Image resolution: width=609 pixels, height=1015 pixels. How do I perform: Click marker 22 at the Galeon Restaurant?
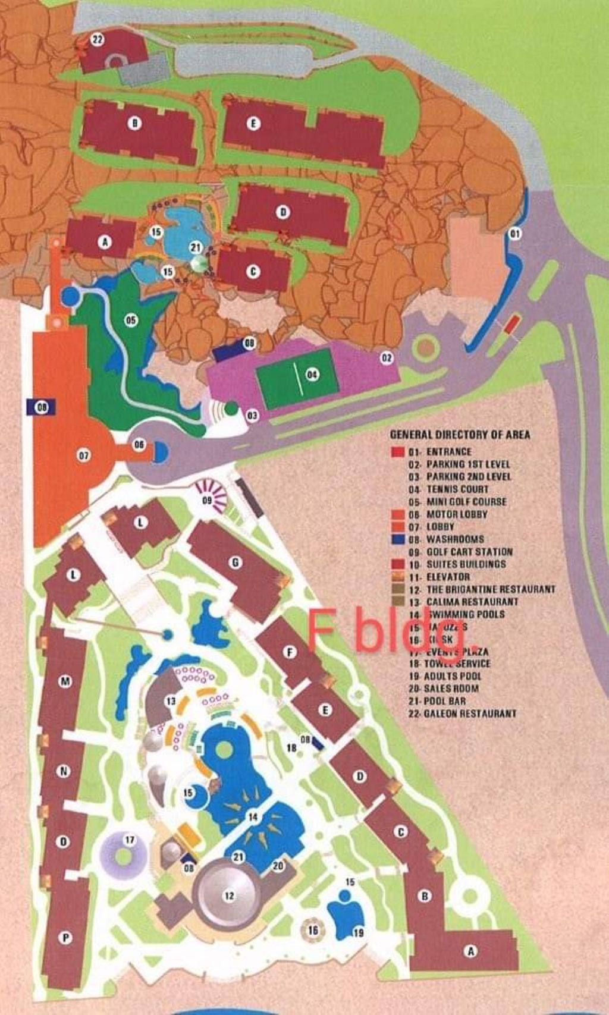(x=97, y=40)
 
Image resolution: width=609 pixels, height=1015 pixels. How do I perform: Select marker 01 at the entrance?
(x=515, y=233)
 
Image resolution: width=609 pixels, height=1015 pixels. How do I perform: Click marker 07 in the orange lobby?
(x=84, y=455)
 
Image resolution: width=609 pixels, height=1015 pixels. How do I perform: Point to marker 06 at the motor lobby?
(x=139, y=444)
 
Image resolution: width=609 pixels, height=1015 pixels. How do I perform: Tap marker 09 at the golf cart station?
(x=206, y=500)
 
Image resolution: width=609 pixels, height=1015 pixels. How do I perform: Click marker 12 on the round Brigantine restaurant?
(x=230, y=895)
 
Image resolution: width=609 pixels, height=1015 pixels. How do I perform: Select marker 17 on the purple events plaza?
(x=129, y=840)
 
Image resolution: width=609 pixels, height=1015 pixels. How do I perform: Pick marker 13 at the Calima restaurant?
(x=171, y=701)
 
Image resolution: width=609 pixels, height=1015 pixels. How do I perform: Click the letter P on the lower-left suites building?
(x=65, y=938)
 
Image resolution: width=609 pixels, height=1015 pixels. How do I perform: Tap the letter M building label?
(x=65, y=681)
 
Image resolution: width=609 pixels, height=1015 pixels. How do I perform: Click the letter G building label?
(x=236, y=562)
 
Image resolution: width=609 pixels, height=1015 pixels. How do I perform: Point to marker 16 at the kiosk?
(x=313, y=931)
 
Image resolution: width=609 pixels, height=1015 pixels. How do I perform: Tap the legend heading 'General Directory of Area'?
(x=459, y=435)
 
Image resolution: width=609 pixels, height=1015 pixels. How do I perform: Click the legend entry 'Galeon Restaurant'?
(x=470, y=713)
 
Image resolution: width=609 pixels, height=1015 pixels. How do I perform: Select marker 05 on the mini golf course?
(x=131, y=320)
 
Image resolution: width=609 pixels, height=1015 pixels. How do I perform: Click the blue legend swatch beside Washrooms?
(x=398, y=539)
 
